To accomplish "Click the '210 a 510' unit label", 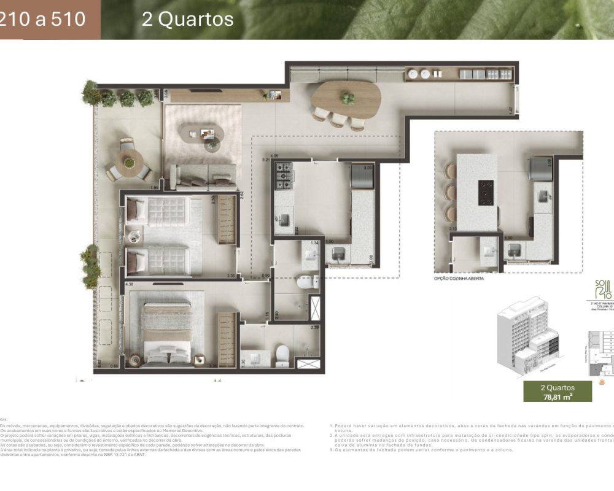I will [x=43, y=20].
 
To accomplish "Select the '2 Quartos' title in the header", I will [x=187, y=20].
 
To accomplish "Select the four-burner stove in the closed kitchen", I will [x=284, y=176].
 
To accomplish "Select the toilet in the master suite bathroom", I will [x=282, y=354].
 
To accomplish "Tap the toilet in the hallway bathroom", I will [x=305, y=282].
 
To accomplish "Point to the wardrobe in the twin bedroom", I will [x=227, y=220].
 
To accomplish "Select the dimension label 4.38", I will [x=129, y=285].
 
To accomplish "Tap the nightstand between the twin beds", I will [x=133, y=234].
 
